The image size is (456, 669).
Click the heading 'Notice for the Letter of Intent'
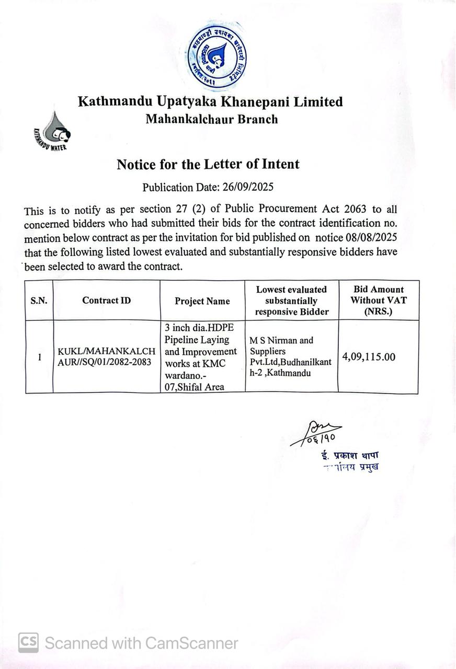pos(208,164)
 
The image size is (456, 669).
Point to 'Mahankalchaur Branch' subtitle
pos(211,119)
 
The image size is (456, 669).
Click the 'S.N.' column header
pos(39,301)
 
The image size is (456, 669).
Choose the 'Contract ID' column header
pos(107,301)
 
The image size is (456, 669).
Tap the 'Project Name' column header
pos(202,301)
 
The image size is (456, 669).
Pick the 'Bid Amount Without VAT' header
pos(378,301)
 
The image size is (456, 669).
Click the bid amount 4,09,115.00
pos(369,357)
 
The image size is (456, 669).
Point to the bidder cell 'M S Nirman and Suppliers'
pos(290,356)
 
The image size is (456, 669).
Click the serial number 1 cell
pos(39,357)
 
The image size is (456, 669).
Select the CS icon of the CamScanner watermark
pos(28,642)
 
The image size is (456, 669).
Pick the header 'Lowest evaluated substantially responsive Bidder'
pos(291,301)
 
